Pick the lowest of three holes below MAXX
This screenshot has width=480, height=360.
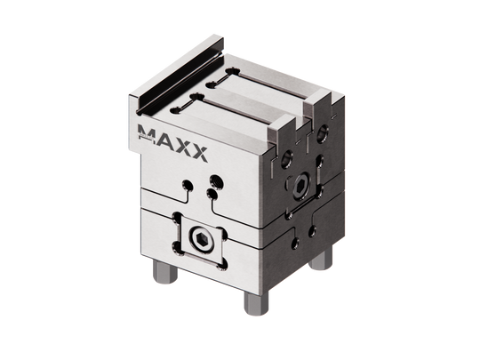pyautogui.click(x=207, y=194)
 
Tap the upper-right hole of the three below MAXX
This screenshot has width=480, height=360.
pyautogui.click(x=213, y=180)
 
